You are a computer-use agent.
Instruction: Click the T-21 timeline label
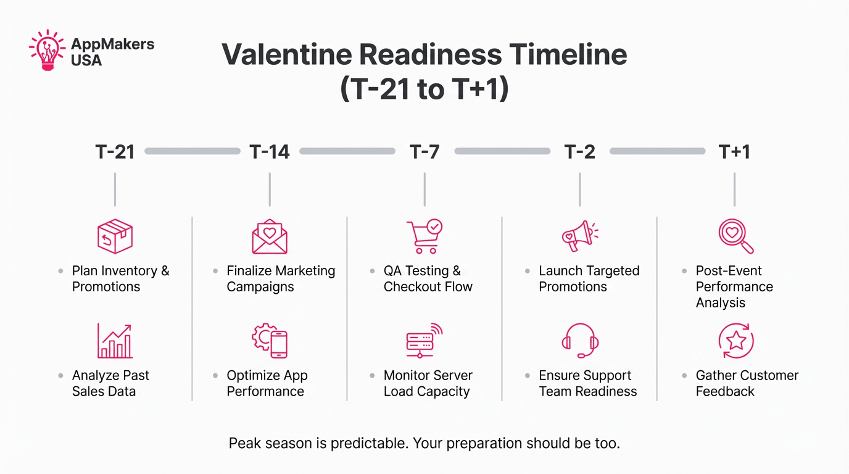115,152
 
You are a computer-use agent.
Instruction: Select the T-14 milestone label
270,152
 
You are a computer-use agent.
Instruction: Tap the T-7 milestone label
424,152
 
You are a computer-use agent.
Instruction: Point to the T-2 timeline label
580,152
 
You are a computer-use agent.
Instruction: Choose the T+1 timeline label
734,152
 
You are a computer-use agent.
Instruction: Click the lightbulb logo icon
47,50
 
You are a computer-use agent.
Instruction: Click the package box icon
115,236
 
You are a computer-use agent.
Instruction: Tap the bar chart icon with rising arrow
115,341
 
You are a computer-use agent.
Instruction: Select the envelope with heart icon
270,237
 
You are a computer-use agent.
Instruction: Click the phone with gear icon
270,341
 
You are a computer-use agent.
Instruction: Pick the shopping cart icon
424,236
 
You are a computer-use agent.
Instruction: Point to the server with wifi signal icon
424,341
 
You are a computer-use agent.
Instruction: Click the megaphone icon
579,236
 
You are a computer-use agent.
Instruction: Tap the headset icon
580,341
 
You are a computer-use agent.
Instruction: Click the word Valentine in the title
286,54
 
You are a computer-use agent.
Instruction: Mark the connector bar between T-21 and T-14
192,151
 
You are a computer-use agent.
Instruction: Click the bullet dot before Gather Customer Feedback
684,376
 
